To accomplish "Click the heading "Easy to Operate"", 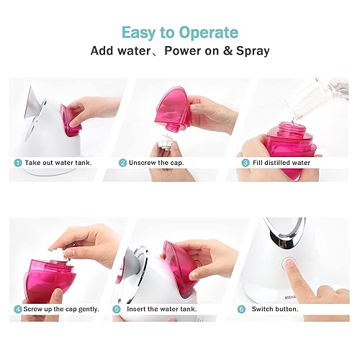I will tap(180, 32).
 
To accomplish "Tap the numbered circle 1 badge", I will tap(17, 163).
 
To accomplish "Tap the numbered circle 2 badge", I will tap(123, 163).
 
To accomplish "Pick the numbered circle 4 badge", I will tap(17, 309).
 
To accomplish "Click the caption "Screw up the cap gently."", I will tap(65, 309).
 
